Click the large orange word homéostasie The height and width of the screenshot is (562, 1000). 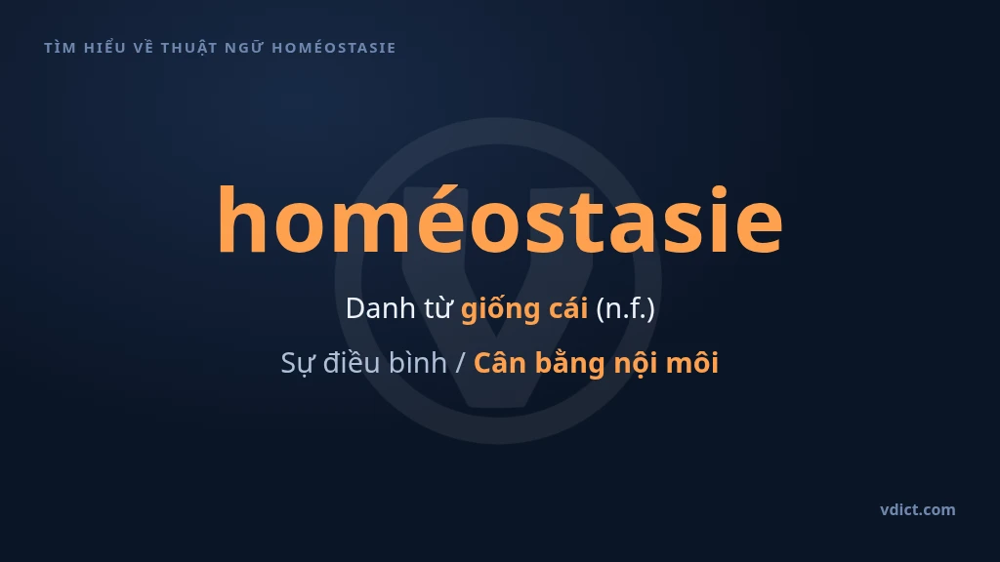pos(500,220)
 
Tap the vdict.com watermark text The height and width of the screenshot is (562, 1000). pos(918,509)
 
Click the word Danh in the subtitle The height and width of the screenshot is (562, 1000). pos(381,308)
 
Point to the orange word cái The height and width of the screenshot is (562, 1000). pos(567,308)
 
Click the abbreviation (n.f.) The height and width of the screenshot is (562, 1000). pos(626,309)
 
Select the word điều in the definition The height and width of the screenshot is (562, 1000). pos(353,362)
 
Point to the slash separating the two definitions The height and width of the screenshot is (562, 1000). pos(461,363)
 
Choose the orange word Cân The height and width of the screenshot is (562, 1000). pos(500,363)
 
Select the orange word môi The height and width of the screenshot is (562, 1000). pos(692,363)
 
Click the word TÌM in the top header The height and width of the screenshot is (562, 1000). pos(60,47)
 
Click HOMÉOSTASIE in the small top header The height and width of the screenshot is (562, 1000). pos(334,48)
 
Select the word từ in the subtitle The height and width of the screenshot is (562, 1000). pos(438,308)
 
